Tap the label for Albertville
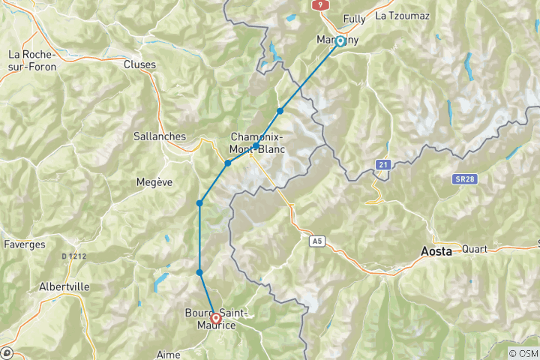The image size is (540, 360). [64, 286]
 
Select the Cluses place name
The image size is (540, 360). [139, 64]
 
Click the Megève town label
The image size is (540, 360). [154, 181]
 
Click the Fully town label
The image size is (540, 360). [354, 19]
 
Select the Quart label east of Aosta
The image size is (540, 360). [475, 249]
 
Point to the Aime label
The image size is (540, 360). [169, 353]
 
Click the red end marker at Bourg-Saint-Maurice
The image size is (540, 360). [216, 318]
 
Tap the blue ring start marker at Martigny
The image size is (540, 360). [340, 41]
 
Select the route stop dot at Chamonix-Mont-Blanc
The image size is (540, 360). [256, 146]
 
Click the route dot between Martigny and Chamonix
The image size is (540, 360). [280, 111]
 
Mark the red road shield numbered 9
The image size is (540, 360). [319, 4]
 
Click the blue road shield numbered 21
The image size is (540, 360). [383, 163]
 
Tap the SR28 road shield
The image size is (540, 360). [463, 180]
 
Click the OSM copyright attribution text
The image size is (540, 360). [522, 353]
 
